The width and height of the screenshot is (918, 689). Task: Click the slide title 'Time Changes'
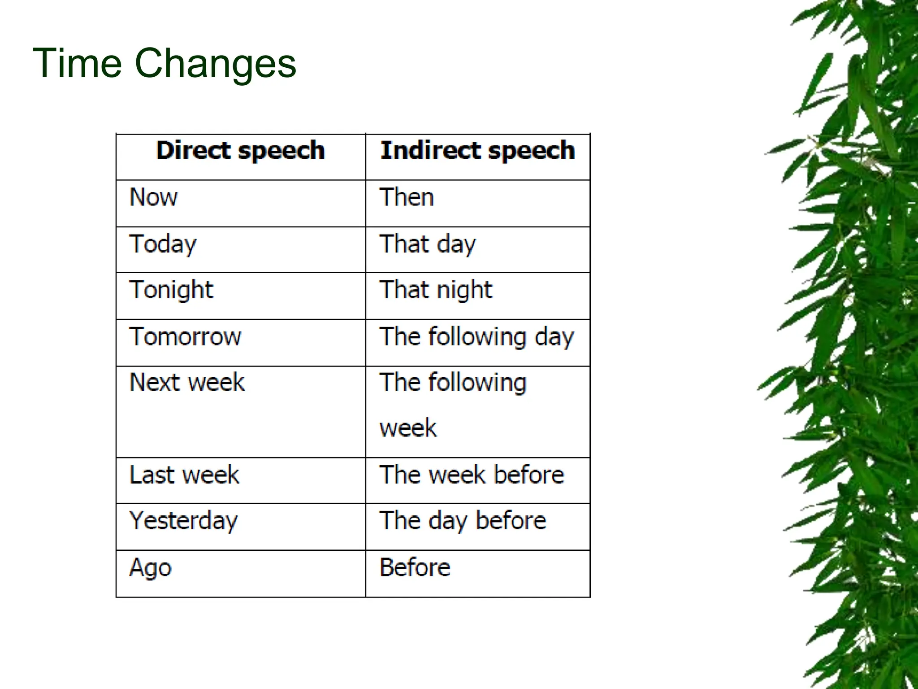[164, 63]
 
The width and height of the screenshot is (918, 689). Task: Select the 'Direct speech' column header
[240, 150]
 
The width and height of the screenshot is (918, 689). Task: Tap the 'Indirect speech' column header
[477, 150]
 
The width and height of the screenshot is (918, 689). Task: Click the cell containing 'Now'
[154, 197]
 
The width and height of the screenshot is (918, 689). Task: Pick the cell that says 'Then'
[407, 197]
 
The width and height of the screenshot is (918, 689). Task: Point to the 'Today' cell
[163, 244]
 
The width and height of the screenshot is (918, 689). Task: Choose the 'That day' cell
[428, 244]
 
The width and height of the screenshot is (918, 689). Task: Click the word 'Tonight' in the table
[171, 290]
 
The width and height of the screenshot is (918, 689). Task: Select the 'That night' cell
[436, 290]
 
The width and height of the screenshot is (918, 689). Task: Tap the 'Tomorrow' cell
[185, 337]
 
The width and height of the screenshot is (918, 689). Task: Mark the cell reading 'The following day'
[476, 337]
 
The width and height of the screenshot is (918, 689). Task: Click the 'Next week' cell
[187, 383]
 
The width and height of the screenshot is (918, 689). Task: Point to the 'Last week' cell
[184, 475]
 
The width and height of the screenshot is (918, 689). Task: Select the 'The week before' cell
[472, 475]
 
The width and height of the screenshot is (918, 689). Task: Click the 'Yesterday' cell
[183, 521]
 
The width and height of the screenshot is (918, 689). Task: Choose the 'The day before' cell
[463, 521]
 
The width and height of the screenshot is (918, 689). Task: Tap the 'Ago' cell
[151, 568]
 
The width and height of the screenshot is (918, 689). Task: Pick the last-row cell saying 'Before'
[415, 568]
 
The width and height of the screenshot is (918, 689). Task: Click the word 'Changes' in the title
[215, 63]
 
